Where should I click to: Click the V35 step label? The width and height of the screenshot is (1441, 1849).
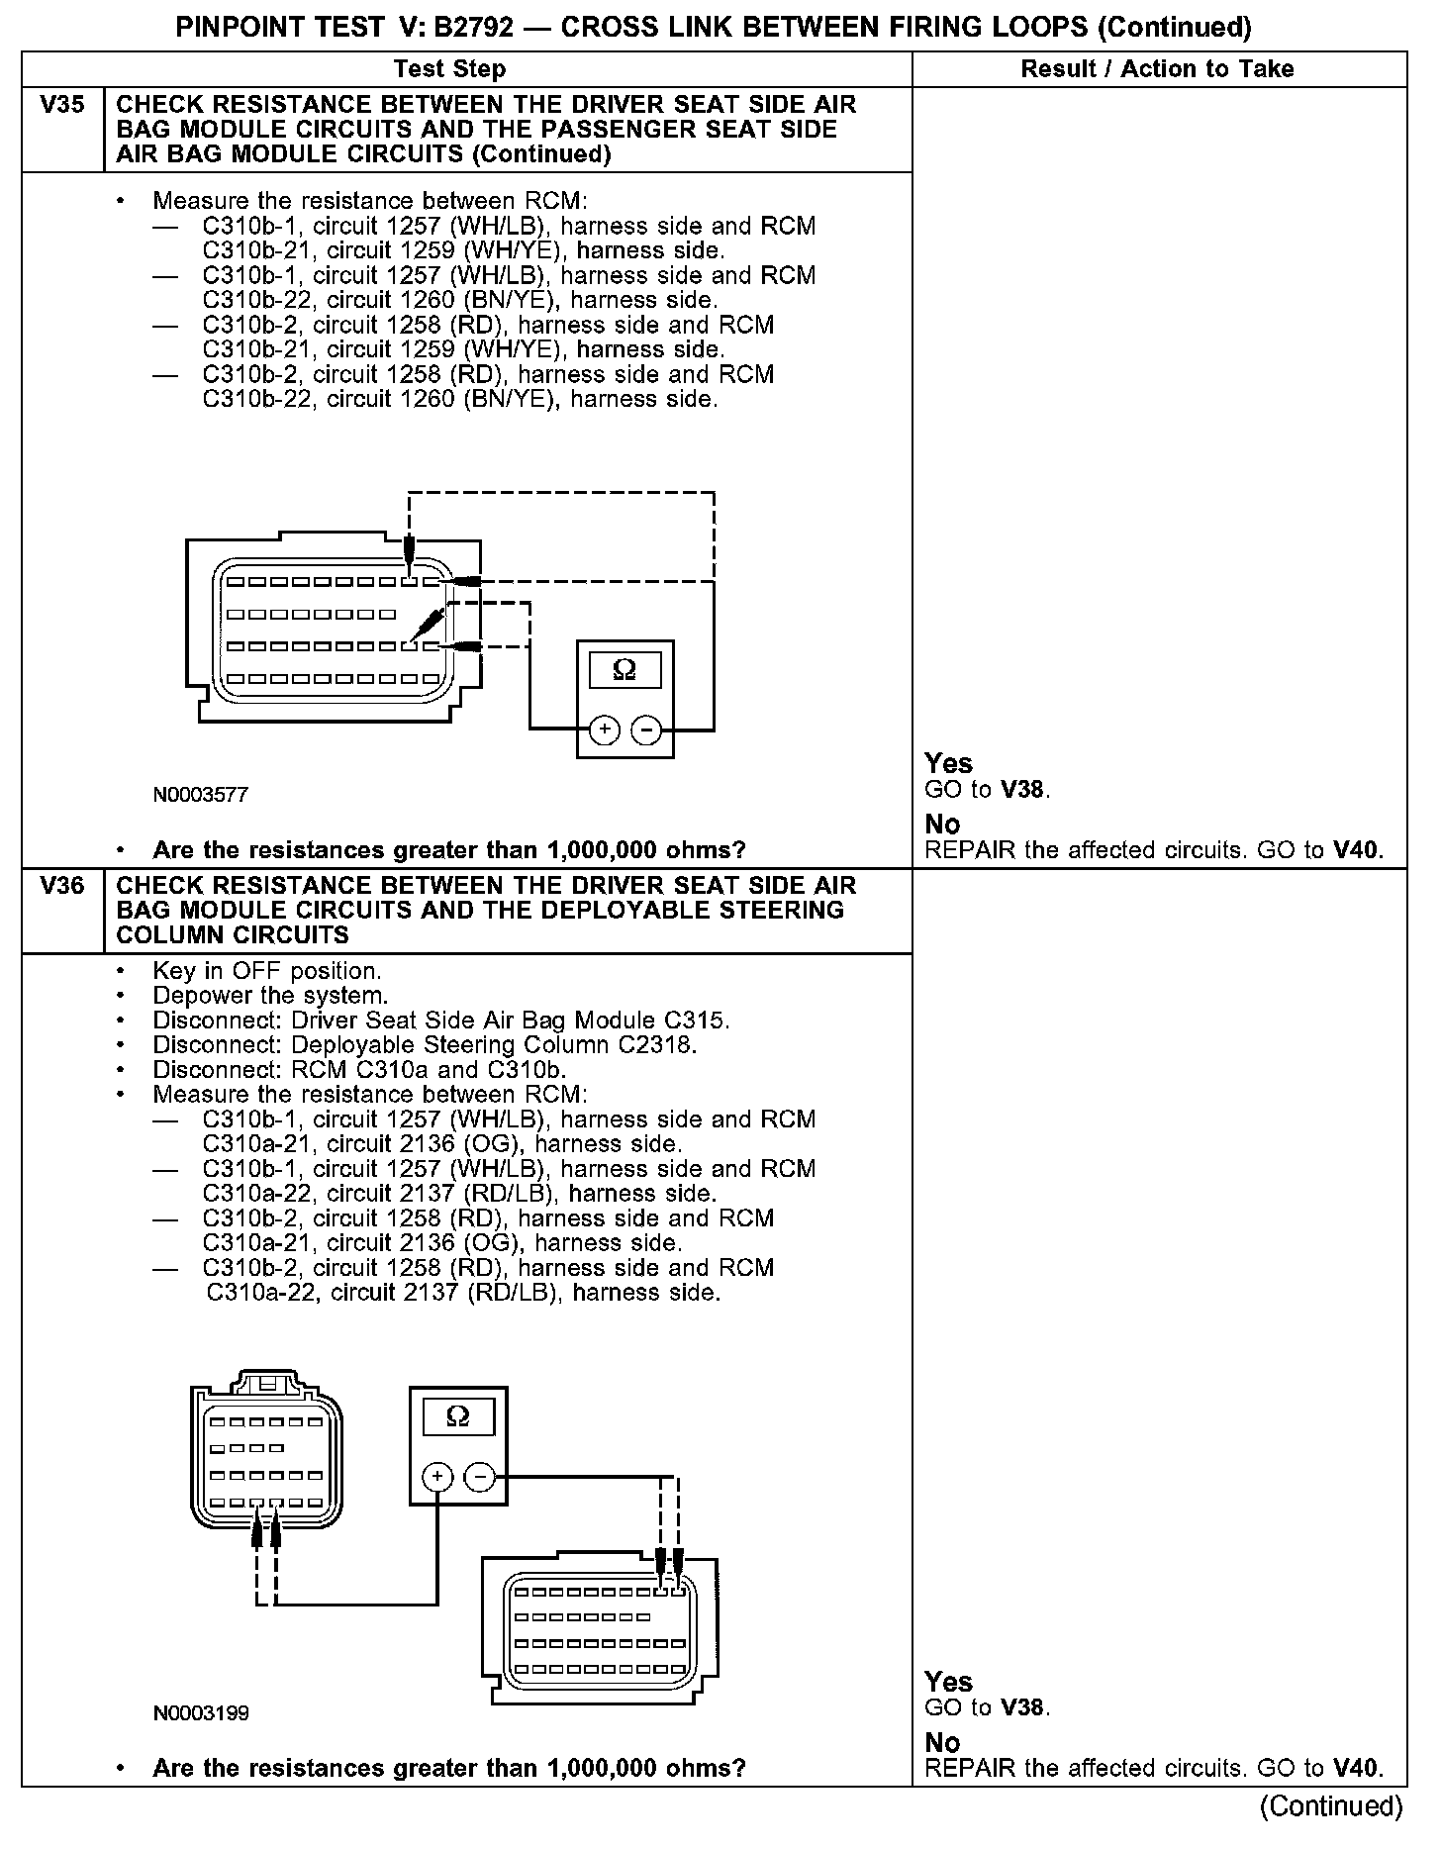tap(62, 105)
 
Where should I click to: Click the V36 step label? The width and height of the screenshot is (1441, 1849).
tap(62, 886)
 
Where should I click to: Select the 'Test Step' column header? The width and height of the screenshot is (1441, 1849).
tap(449, 69)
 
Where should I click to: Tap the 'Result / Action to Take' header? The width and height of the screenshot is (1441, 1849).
tap(1157, 69)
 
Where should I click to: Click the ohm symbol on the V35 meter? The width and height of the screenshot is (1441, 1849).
tap(624, 671)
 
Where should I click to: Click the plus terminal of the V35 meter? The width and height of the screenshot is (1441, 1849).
tap(605, 730)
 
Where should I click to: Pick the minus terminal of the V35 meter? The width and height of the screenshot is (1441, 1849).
tap(646, 730)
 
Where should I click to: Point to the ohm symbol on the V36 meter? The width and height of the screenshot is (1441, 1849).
tap(458, 1417)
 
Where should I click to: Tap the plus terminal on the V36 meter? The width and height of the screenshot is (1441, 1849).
tap(437, 1478)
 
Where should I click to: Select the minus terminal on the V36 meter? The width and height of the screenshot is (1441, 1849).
tap(480, 1478)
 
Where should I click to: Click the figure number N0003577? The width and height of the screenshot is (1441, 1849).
tap(201, 795)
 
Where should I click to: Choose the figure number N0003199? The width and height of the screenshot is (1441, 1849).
tap(201, 1713)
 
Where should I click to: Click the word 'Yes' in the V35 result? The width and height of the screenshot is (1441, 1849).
tap(948, 763)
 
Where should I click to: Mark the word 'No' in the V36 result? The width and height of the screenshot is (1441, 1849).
tap(942, 1742)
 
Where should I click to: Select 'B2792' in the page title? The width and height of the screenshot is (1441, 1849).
tap(473, 28)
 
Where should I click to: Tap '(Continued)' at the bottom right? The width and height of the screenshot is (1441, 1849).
tap(1331, 1806)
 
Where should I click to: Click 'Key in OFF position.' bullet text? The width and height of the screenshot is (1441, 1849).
tap(267, 971)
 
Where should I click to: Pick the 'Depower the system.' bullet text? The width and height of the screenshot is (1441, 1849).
tap(270, 996)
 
